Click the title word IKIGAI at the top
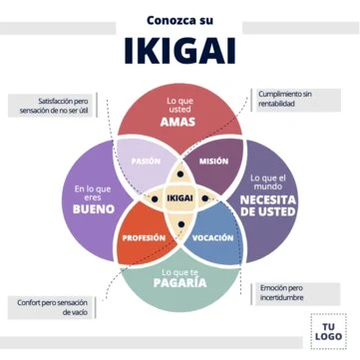pyautogui.click(x=180, y=50)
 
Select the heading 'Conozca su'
pyautogui.click(x=180, y=18)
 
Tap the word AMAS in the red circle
pyautogui.click(x=180, y=122)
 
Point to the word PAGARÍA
pyautogui.click(x=180, y=283)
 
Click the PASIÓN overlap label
pyautogui.click(x=147, y=161)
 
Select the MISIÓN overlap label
pyautogui.click(x=213, y=161)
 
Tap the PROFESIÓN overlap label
pyautogui.click(x=143, y=238)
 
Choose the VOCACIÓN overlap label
pyautogui.click(x=213, y=238)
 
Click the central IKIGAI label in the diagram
pyautogui.click(x=180, y=199)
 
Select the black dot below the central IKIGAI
pyautogui.click(x=180, y=222)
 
